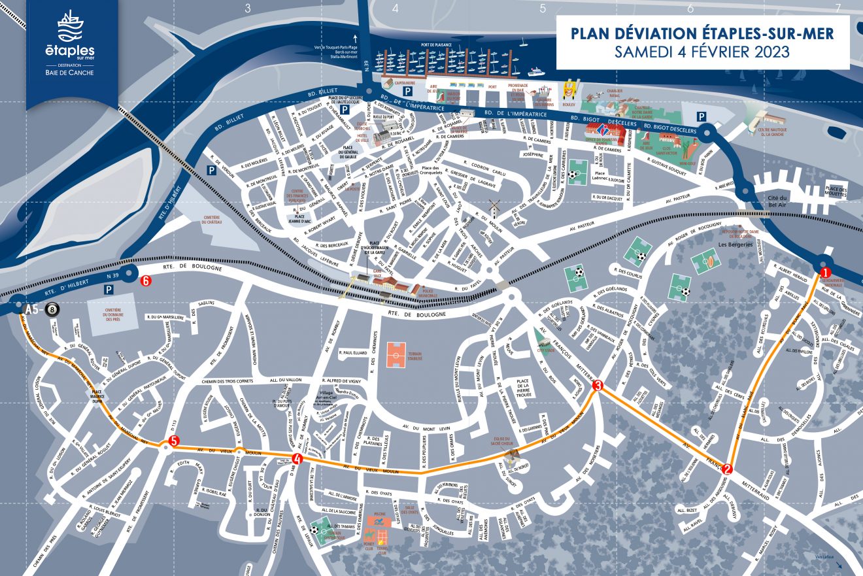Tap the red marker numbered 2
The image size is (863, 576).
coord(728,468)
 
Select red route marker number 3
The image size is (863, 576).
coord(597,386)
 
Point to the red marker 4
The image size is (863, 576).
coord(297,459)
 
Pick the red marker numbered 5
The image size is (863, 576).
coord(173,441)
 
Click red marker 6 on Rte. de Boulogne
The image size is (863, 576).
coord(146,280)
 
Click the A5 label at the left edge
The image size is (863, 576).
coord(31,309)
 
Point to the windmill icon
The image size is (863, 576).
coord(494,208)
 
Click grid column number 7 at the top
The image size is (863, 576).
coord(838,8)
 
